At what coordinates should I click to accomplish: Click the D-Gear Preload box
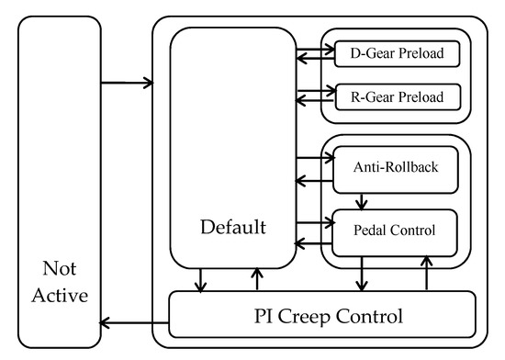pos(397,54)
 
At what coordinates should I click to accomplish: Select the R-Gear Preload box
pos(398,97)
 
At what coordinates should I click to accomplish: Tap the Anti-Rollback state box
pos(396,170)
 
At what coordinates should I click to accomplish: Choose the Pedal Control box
pos(395,233)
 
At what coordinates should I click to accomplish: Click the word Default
pos(233,227)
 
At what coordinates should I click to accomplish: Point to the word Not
pos(60,268)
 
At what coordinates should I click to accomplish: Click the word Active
pos(60,296)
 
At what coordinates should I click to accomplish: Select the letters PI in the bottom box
pos(264,316)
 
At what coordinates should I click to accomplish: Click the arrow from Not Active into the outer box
pos(127,83)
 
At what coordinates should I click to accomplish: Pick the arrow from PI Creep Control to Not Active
pos(134,322)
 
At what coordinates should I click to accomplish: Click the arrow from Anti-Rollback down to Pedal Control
pos(362,202)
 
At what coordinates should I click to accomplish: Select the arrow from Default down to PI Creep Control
pos(200,280)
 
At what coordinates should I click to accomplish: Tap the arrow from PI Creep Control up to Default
pos(257,279)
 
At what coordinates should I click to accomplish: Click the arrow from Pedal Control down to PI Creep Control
pos(362,274)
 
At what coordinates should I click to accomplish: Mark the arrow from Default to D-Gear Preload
pos(316,50)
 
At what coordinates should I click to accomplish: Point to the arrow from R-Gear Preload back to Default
pos(315,101)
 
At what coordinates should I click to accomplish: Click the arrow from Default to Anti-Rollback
pos(315,158)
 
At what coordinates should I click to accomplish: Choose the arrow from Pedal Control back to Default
pos(313,243)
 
